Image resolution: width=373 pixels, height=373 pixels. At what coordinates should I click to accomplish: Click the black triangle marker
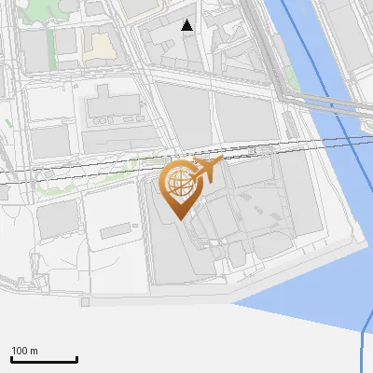[x=187, y=26]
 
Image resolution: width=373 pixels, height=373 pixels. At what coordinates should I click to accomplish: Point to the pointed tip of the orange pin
[x=178, y=217]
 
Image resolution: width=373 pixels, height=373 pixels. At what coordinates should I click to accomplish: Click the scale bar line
[x=44, y=360]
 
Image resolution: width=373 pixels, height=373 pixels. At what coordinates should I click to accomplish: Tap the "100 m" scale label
[x=25, y=351]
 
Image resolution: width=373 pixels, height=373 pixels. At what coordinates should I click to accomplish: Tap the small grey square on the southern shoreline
[x=85, y=302]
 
